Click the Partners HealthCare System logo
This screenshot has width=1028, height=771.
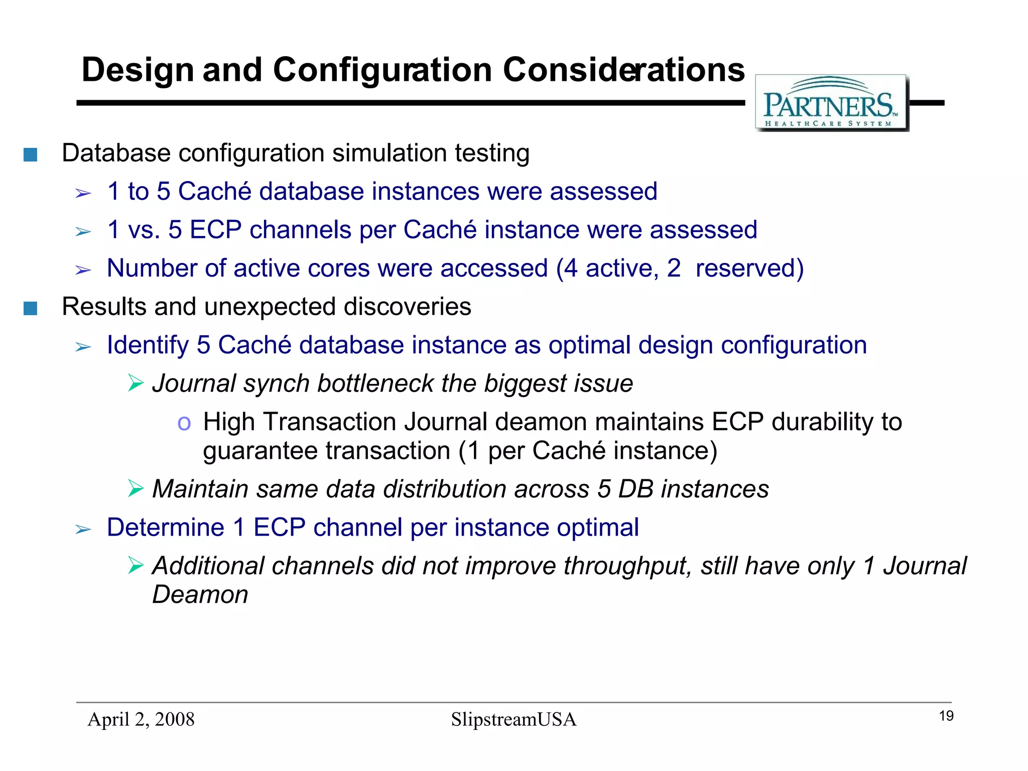click(831, 103)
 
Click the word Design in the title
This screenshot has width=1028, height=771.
click(138, 70)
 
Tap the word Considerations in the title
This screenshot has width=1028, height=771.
click(623, 70)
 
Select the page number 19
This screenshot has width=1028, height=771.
click(946, 716)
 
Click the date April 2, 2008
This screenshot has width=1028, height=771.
click(141, 719)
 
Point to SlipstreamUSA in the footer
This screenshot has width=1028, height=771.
click(513, 719)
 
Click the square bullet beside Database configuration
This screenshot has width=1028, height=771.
click(31, 155)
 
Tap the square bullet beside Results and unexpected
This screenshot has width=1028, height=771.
click(31, 308)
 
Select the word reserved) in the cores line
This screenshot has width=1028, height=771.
click(749, 268)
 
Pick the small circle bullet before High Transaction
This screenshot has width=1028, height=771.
click(184, 424)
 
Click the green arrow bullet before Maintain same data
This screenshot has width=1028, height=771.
click(136, 488)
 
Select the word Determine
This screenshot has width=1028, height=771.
click(165, 528)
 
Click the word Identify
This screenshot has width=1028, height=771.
click(148, 345)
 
